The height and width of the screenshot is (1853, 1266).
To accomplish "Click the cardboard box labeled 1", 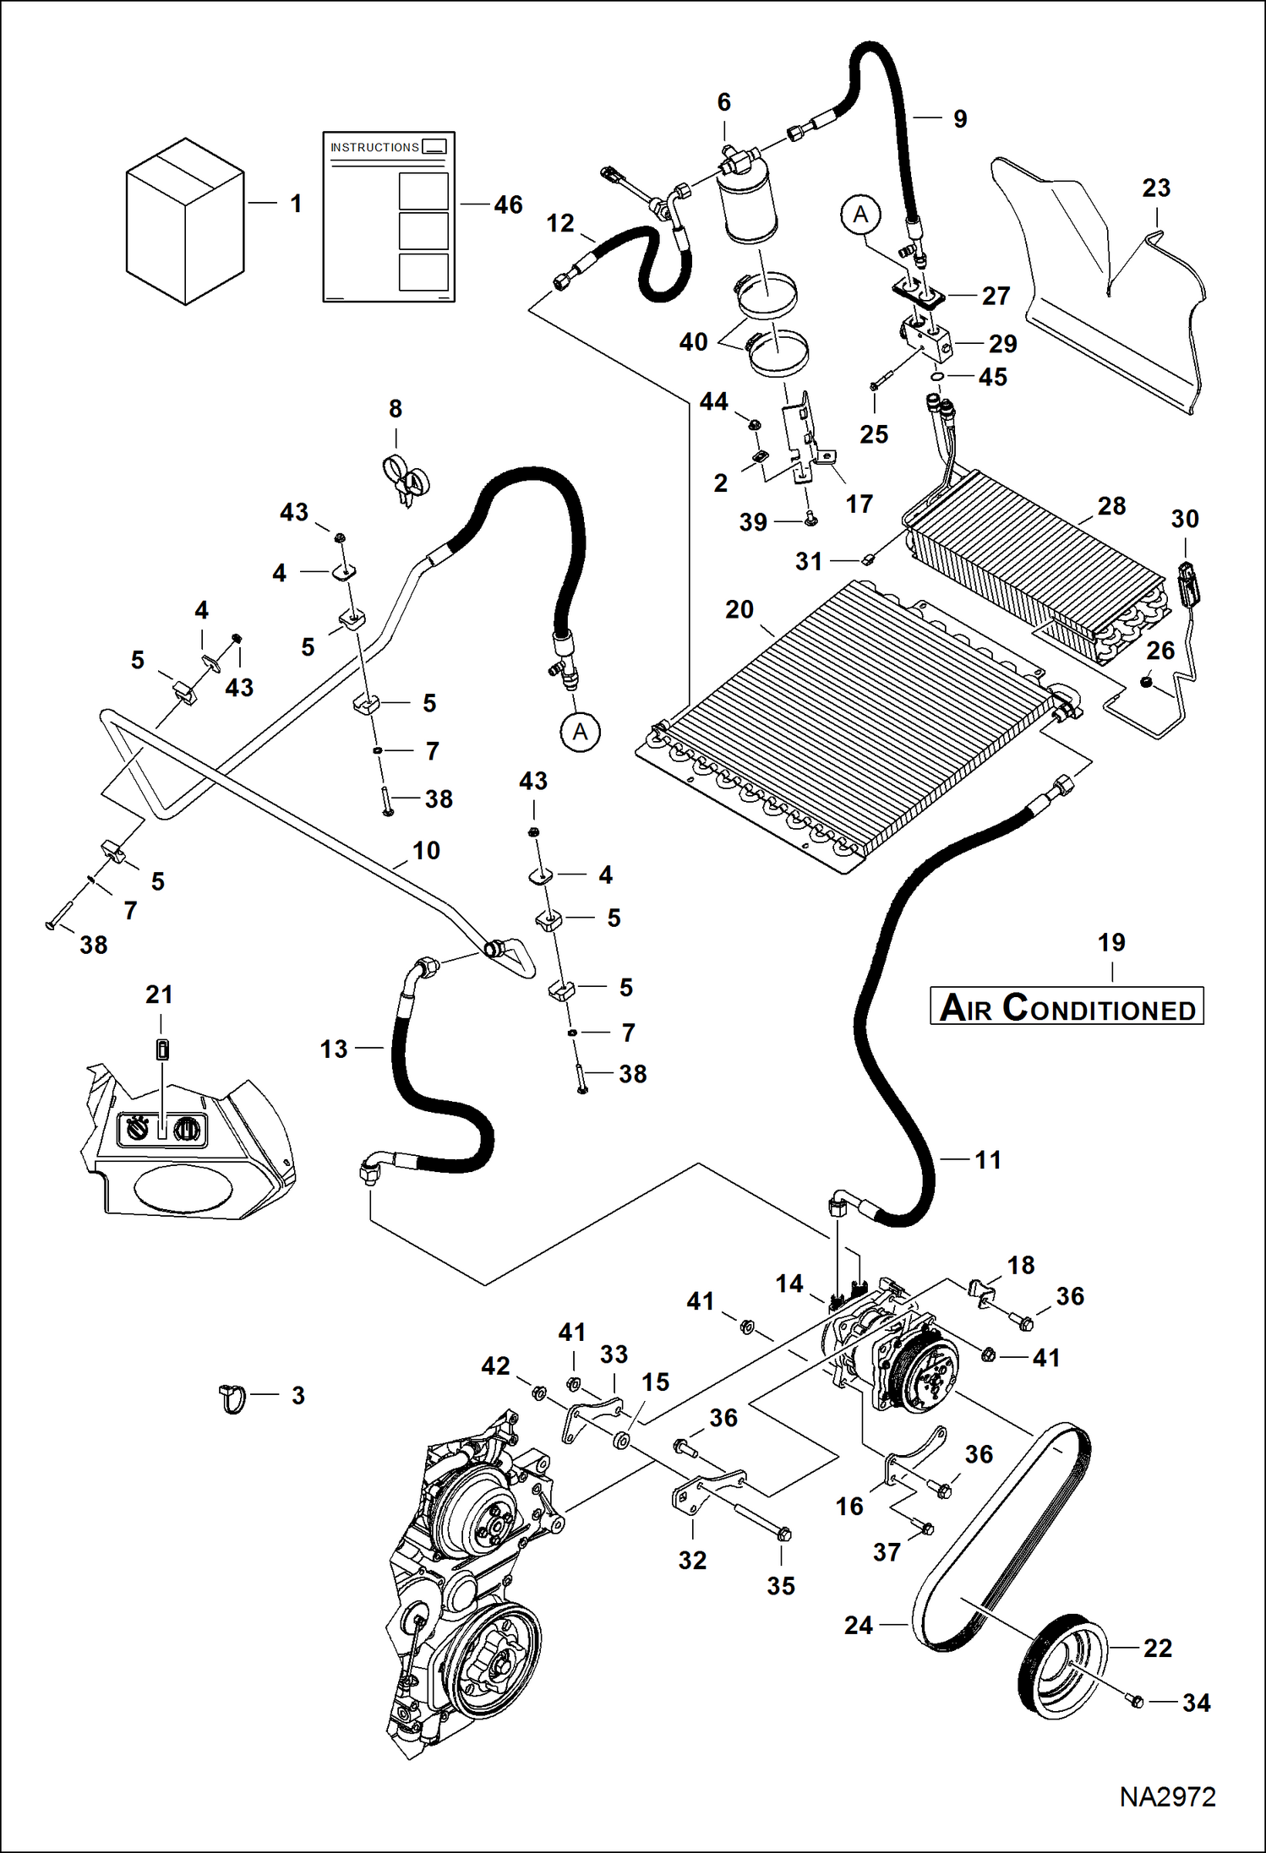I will tap(185, 221).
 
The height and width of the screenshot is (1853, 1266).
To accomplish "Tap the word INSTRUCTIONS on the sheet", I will tap(374, 147).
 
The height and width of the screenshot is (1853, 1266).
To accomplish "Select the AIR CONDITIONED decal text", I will tap(1067, 1007).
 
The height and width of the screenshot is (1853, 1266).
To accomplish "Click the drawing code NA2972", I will tap(1167, 1796).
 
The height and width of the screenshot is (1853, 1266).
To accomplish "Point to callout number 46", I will tap(508, 204).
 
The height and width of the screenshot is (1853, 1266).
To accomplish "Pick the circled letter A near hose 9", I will tap(860, 215).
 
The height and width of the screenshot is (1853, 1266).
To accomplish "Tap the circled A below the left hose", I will tap(580, 732).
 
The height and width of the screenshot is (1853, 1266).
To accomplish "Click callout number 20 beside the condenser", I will tap(739, 609).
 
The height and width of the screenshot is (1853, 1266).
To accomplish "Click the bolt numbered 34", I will tap(1136, 1701).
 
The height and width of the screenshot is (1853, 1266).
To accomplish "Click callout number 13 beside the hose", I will tap(333, 1049).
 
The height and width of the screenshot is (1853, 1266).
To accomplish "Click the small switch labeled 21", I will tap(162, 1049).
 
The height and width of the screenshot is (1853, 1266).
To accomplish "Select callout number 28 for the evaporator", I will tap(1110, 505).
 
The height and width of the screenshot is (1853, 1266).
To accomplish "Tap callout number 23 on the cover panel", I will tap(1155, 188).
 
